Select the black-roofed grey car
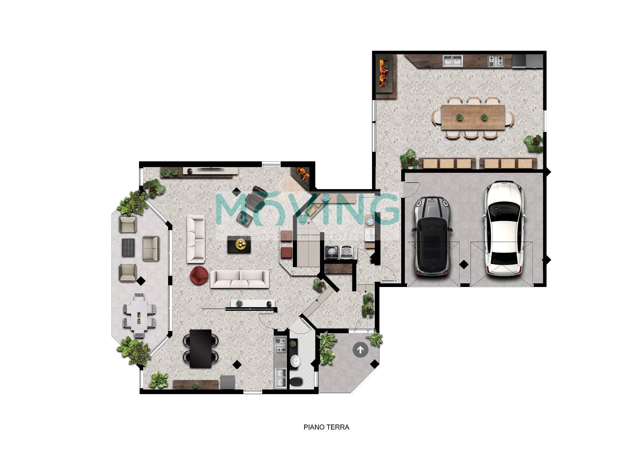click(432, 236)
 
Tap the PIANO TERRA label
click(326, 427)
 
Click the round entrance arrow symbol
click(360, 349)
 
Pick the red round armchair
click(199, 275)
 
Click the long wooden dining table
click(473, 117)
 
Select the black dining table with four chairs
click(200, 348)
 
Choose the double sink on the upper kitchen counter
click(453, 61)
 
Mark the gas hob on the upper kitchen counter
click(496, 61)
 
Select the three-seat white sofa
click(240, 279)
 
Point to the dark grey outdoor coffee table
click(128, 247)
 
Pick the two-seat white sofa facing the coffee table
click(196, 239)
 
